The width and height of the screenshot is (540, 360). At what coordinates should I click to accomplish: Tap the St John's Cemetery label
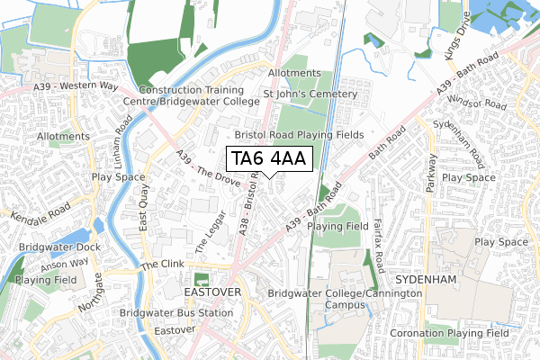[x=310, y=94]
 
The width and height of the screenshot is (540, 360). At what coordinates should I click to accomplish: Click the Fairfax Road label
[x=378, y=239]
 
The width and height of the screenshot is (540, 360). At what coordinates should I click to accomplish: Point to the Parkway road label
[x=432, y=173]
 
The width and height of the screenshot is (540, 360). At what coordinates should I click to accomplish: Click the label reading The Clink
[x=162, y=267]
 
